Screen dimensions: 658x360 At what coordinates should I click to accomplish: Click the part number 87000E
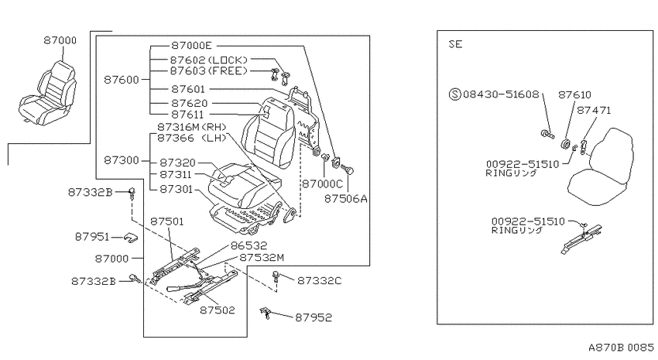pyautogui.click(x=191, y=46)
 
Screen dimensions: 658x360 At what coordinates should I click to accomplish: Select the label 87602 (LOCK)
pyautogui.click(x=209, y=60)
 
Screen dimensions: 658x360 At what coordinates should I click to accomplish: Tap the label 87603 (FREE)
pyautogui.click(x=209, y=71)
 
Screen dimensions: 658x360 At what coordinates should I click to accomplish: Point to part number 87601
pyautogui.click(x=188, y=89)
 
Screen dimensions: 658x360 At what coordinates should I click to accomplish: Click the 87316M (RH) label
pyautogui.click(x=192, y=127)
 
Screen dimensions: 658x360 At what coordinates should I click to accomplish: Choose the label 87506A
pyautogui.click(x=346, y=198)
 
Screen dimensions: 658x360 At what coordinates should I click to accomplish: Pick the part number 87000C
pyautogui.click(x=323, y=183)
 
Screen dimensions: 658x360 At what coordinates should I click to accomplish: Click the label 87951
pyautogui.click(x=92, y=237)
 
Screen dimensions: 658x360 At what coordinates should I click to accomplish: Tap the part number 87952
pyautogui.click(x=314, y=317)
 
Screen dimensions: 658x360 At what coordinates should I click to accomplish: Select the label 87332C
pyautogui.click(x=320, y=281)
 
